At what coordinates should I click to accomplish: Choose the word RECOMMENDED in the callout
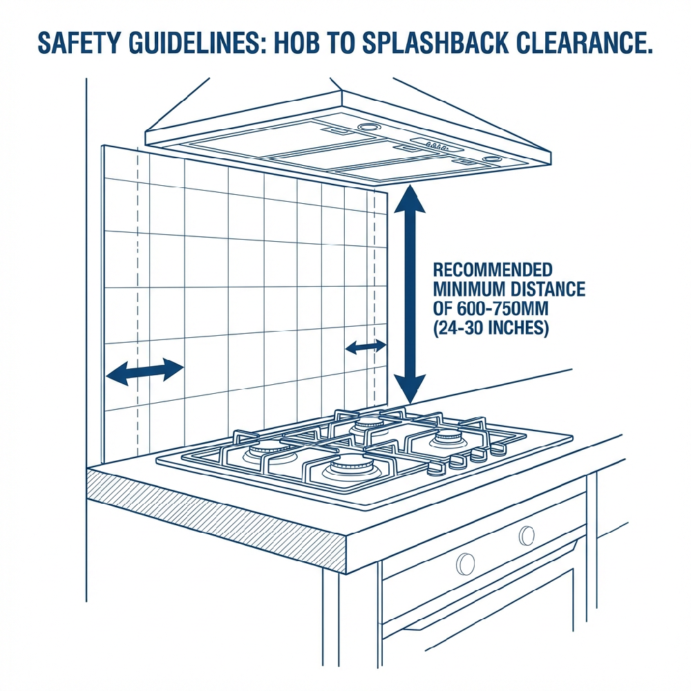tap(493, 269)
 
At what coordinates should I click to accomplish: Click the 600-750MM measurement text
tap(502, 308)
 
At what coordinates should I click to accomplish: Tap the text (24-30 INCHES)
tap(491, 328)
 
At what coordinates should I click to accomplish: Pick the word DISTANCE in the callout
tap(548, 289)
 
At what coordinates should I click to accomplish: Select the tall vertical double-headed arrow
tap(409, 294)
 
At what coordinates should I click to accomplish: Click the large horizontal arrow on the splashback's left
tap(144, 371)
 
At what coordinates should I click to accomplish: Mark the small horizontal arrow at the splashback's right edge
tap(366, 348)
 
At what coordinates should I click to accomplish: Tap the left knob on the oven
tap(465, 564)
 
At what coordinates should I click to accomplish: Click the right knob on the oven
tap(527, 536)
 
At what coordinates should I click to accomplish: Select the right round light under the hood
tap(491, 159)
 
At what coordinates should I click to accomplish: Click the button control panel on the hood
tap(437, 144)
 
